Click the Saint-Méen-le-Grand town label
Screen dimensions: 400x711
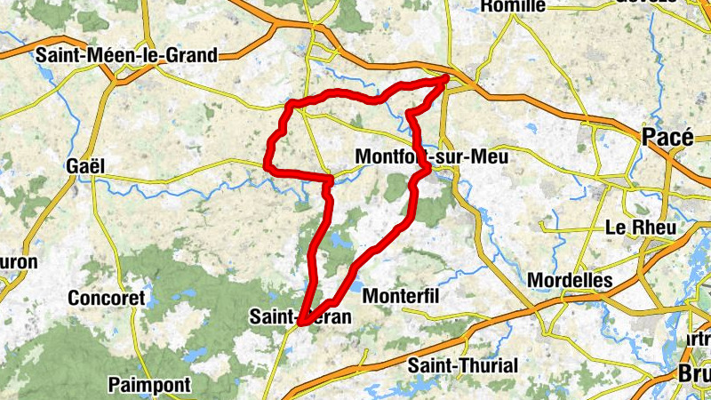pyautogui.click(x=126, y=55)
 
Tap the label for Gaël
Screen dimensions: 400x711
pyautogui.click(x=85, y=166)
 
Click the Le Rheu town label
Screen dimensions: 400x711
pyautogui.click(x=640, y=228)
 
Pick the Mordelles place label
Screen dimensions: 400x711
pyautogui.click(x=570, y=280)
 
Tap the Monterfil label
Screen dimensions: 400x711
pyautogui.click(x=402, y=295)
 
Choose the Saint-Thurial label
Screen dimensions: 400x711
pyautogui.click(x=462, y=365)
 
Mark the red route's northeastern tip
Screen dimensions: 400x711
pyautogui.click(x=447, y=78)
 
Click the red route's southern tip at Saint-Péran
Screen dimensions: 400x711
pyautogui.click(x=300, y=324)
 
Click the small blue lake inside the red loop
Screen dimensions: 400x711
pyautogui.click(x=338, y=240)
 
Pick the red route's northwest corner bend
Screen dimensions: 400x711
pyautogui.click(x=290, y=106)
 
